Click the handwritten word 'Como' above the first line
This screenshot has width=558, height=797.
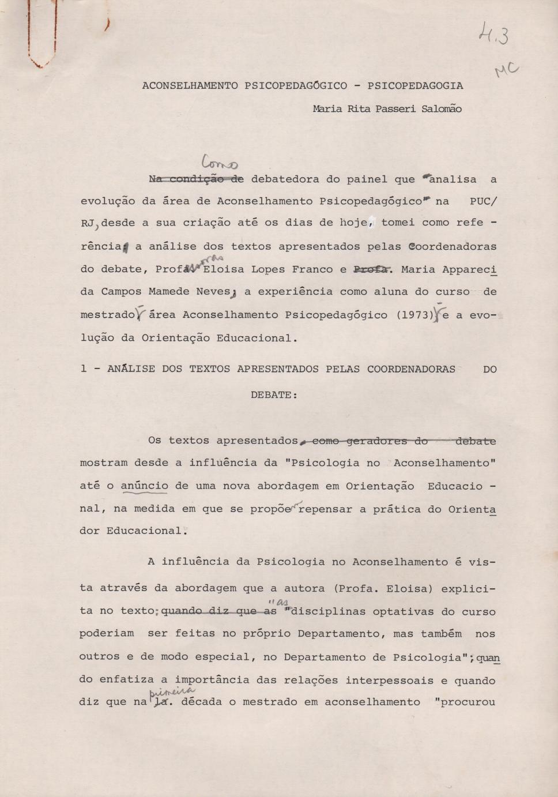(x=220, y=163)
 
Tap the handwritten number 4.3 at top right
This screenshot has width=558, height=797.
(x=493, y=36)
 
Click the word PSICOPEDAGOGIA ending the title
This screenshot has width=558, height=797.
(x=415, y=86)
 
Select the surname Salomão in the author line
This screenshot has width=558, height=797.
(x=442, y=109)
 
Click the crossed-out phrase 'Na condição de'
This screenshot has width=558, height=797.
(x=196, y=179)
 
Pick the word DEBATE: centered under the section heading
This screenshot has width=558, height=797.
(x=274, y=395)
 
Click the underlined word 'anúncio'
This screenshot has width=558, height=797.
(x=144, y=486)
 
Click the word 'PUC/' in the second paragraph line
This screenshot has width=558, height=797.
(x=483, y=201)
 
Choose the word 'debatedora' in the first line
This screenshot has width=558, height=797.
(x=285, y=179)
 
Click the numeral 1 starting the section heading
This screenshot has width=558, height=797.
(x=84, y=369)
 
